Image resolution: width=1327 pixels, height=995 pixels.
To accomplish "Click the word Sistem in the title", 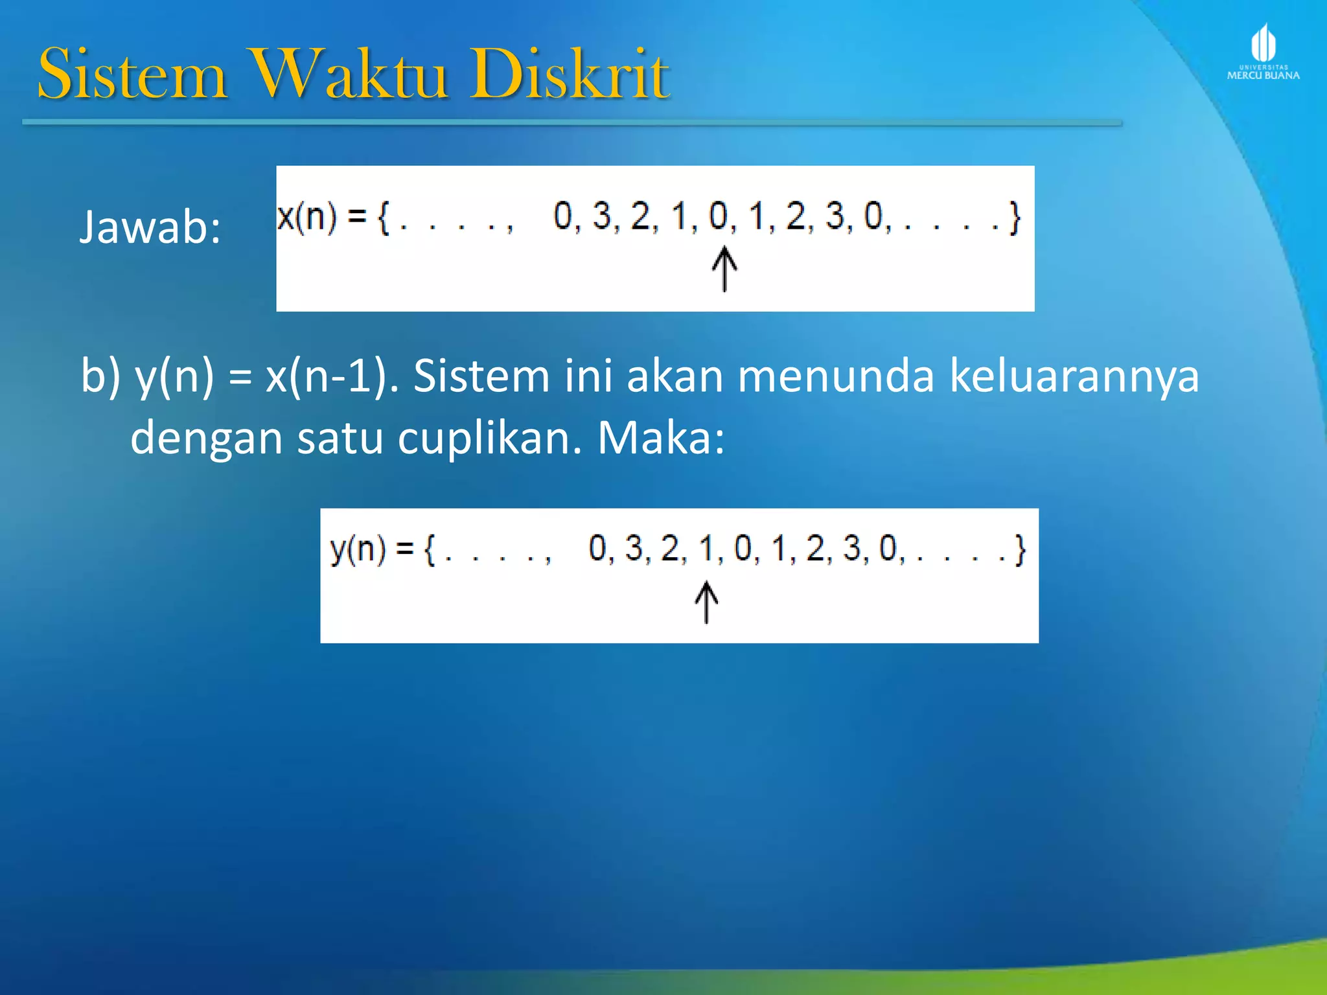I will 133,74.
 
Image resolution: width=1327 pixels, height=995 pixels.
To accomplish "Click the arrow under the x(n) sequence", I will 724,269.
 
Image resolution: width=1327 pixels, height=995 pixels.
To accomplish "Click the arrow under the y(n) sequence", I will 706,602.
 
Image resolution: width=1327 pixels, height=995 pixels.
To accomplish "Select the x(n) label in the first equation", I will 306,216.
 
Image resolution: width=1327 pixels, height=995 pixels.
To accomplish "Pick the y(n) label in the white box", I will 358,549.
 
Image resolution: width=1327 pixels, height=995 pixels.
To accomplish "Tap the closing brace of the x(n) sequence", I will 1015,218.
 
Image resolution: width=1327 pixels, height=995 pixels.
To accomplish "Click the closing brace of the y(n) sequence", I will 1020,550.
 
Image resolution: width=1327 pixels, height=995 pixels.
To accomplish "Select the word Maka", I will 660,439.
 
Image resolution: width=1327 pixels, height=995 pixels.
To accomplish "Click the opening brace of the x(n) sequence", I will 384,218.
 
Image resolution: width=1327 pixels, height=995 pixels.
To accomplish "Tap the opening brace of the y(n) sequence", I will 430,550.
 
